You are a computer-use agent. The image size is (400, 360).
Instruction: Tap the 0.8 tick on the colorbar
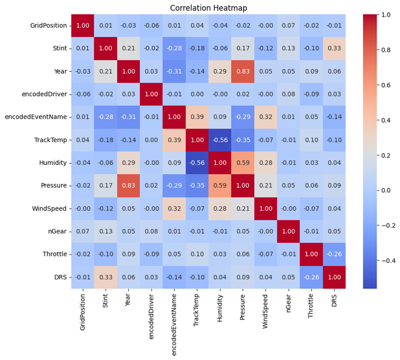click(x=387, y=50)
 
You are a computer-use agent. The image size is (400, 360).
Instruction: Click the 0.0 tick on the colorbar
click(x=387, y=190)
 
